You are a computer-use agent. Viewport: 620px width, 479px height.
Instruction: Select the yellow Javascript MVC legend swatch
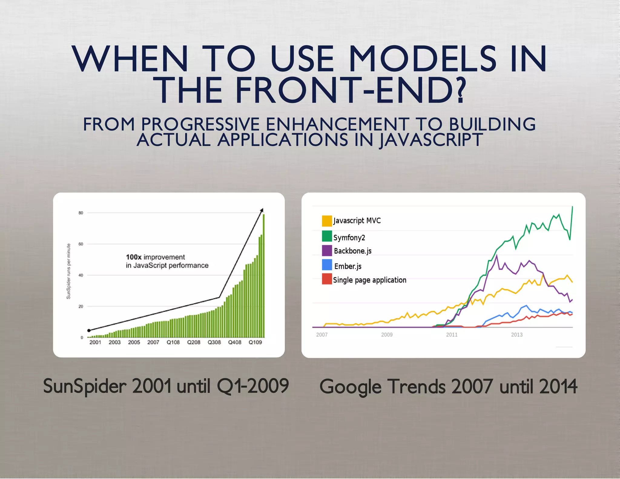327,221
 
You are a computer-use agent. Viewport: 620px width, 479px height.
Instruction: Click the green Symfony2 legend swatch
327,236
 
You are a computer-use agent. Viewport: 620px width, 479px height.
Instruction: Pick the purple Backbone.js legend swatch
327,250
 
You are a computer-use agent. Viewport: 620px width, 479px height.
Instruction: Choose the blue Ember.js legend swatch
327,265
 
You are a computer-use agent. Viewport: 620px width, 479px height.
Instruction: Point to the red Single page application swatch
327,279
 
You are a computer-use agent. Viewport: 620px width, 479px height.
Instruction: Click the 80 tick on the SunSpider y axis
81,213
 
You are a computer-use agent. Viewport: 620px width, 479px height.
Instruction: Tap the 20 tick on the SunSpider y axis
81,306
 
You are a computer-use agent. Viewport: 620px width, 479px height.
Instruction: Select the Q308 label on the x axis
214,342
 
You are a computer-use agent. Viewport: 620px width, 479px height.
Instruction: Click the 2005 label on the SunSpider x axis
134,342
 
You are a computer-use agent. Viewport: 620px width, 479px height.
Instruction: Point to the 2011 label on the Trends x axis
452,335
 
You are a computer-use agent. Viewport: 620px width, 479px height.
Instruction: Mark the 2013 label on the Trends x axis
517,335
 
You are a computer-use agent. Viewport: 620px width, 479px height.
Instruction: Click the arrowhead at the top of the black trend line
262,210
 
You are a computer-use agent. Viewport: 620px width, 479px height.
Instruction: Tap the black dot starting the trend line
89,330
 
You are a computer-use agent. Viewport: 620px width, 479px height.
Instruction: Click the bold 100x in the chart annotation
134,257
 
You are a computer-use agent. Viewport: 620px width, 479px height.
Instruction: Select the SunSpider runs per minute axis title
68,271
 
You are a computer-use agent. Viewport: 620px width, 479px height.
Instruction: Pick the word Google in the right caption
350,387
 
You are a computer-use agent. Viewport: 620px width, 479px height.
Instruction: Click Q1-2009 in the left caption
253,386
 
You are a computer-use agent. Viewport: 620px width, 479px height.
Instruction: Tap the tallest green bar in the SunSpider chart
264,276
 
